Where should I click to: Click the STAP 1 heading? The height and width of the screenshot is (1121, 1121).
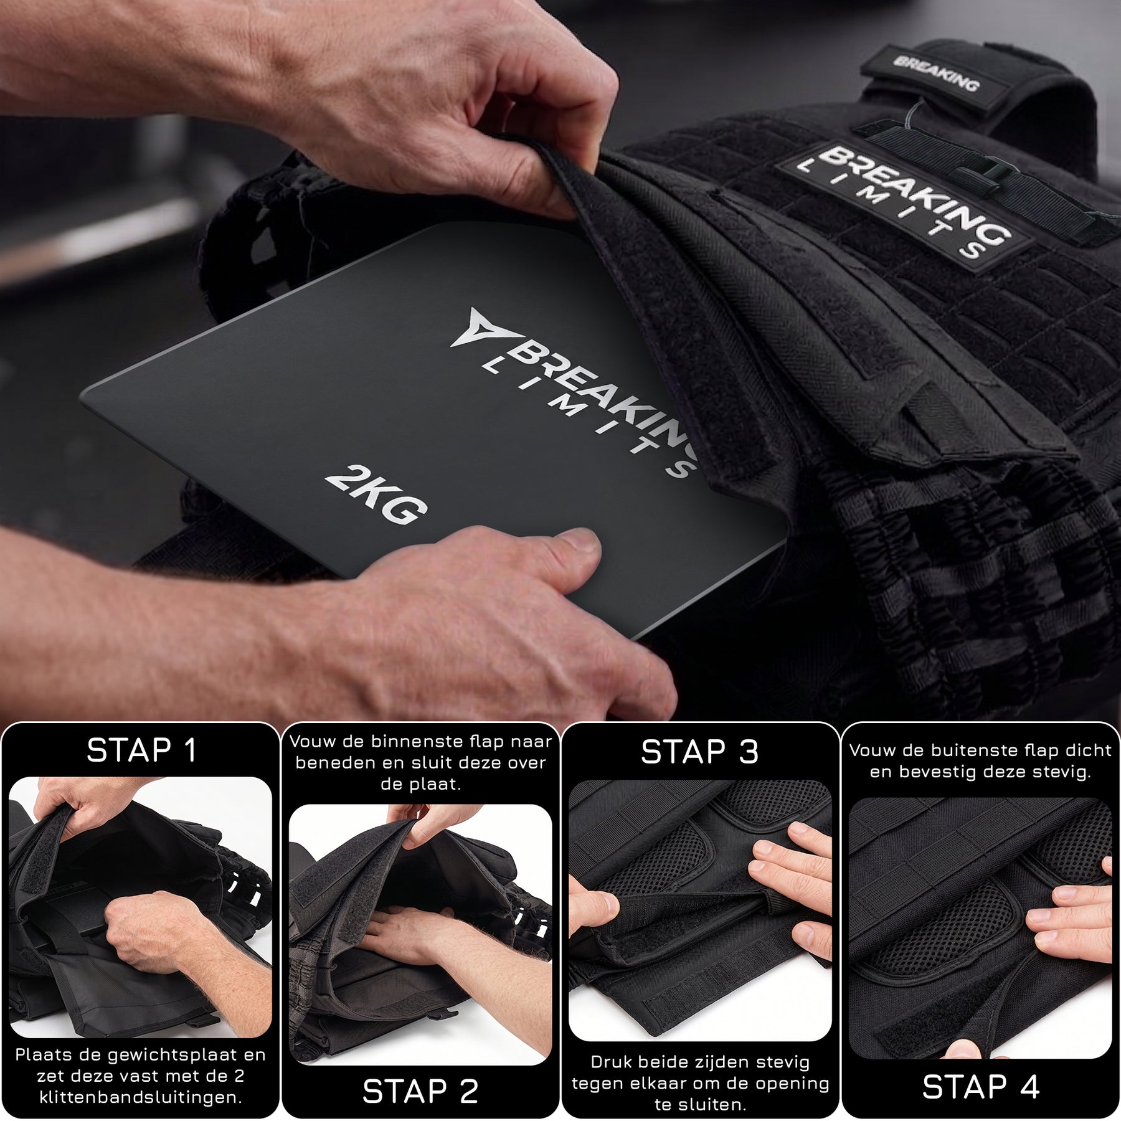141,750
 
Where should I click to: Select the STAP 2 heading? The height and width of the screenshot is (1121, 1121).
420,1091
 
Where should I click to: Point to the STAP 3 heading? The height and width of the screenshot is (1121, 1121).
700,752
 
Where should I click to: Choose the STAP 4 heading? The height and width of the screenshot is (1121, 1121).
981,1087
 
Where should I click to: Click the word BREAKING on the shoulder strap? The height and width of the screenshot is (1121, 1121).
936,73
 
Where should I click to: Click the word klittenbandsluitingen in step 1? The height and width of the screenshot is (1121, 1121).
141,1097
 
